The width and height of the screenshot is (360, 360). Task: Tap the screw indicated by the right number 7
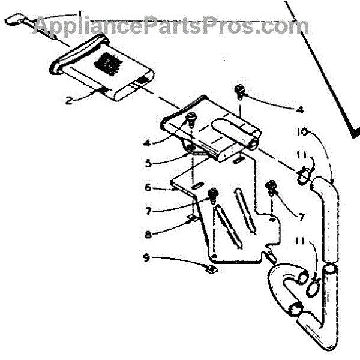click(272, 187)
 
